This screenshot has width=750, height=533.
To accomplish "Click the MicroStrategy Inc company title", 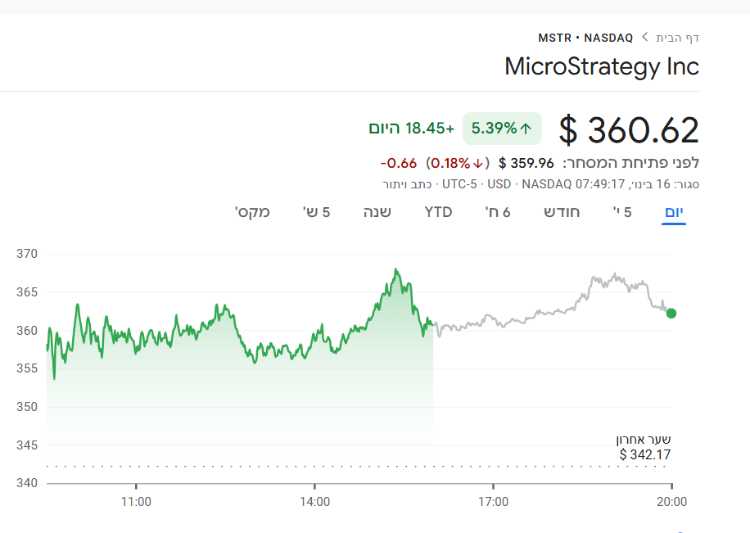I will [602, 65].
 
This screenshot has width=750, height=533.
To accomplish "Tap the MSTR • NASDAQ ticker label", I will [585, 38].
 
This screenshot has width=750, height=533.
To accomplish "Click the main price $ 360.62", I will [629, 130].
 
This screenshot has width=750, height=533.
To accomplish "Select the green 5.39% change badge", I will [502, 128].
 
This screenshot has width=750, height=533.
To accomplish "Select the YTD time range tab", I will [438, 213].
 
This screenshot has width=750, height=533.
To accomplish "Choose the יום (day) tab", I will [673, 213].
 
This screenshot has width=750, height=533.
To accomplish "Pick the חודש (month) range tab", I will [562, 213].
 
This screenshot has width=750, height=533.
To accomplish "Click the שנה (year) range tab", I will [377, 213].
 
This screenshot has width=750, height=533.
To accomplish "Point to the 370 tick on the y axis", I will [27, 254].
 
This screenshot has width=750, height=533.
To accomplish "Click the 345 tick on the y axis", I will [27, 445].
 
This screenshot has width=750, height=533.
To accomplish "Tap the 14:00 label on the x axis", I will [315, 502].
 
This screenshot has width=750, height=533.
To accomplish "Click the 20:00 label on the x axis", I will [671, 502].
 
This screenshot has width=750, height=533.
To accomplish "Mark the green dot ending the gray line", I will [671, 313].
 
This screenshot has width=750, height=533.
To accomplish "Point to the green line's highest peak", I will [395, 269].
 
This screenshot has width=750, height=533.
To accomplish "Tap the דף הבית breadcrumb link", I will [678, 38].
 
